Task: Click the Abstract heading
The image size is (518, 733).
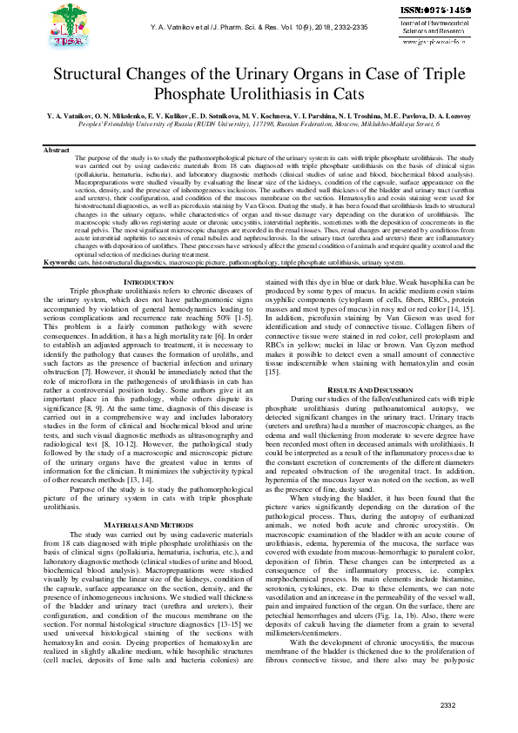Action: (57, 151)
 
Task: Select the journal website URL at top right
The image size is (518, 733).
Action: (440, 39)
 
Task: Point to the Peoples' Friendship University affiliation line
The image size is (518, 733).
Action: (259, 124)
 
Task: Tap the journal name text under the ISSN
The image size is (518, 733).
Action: (440, 26)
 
